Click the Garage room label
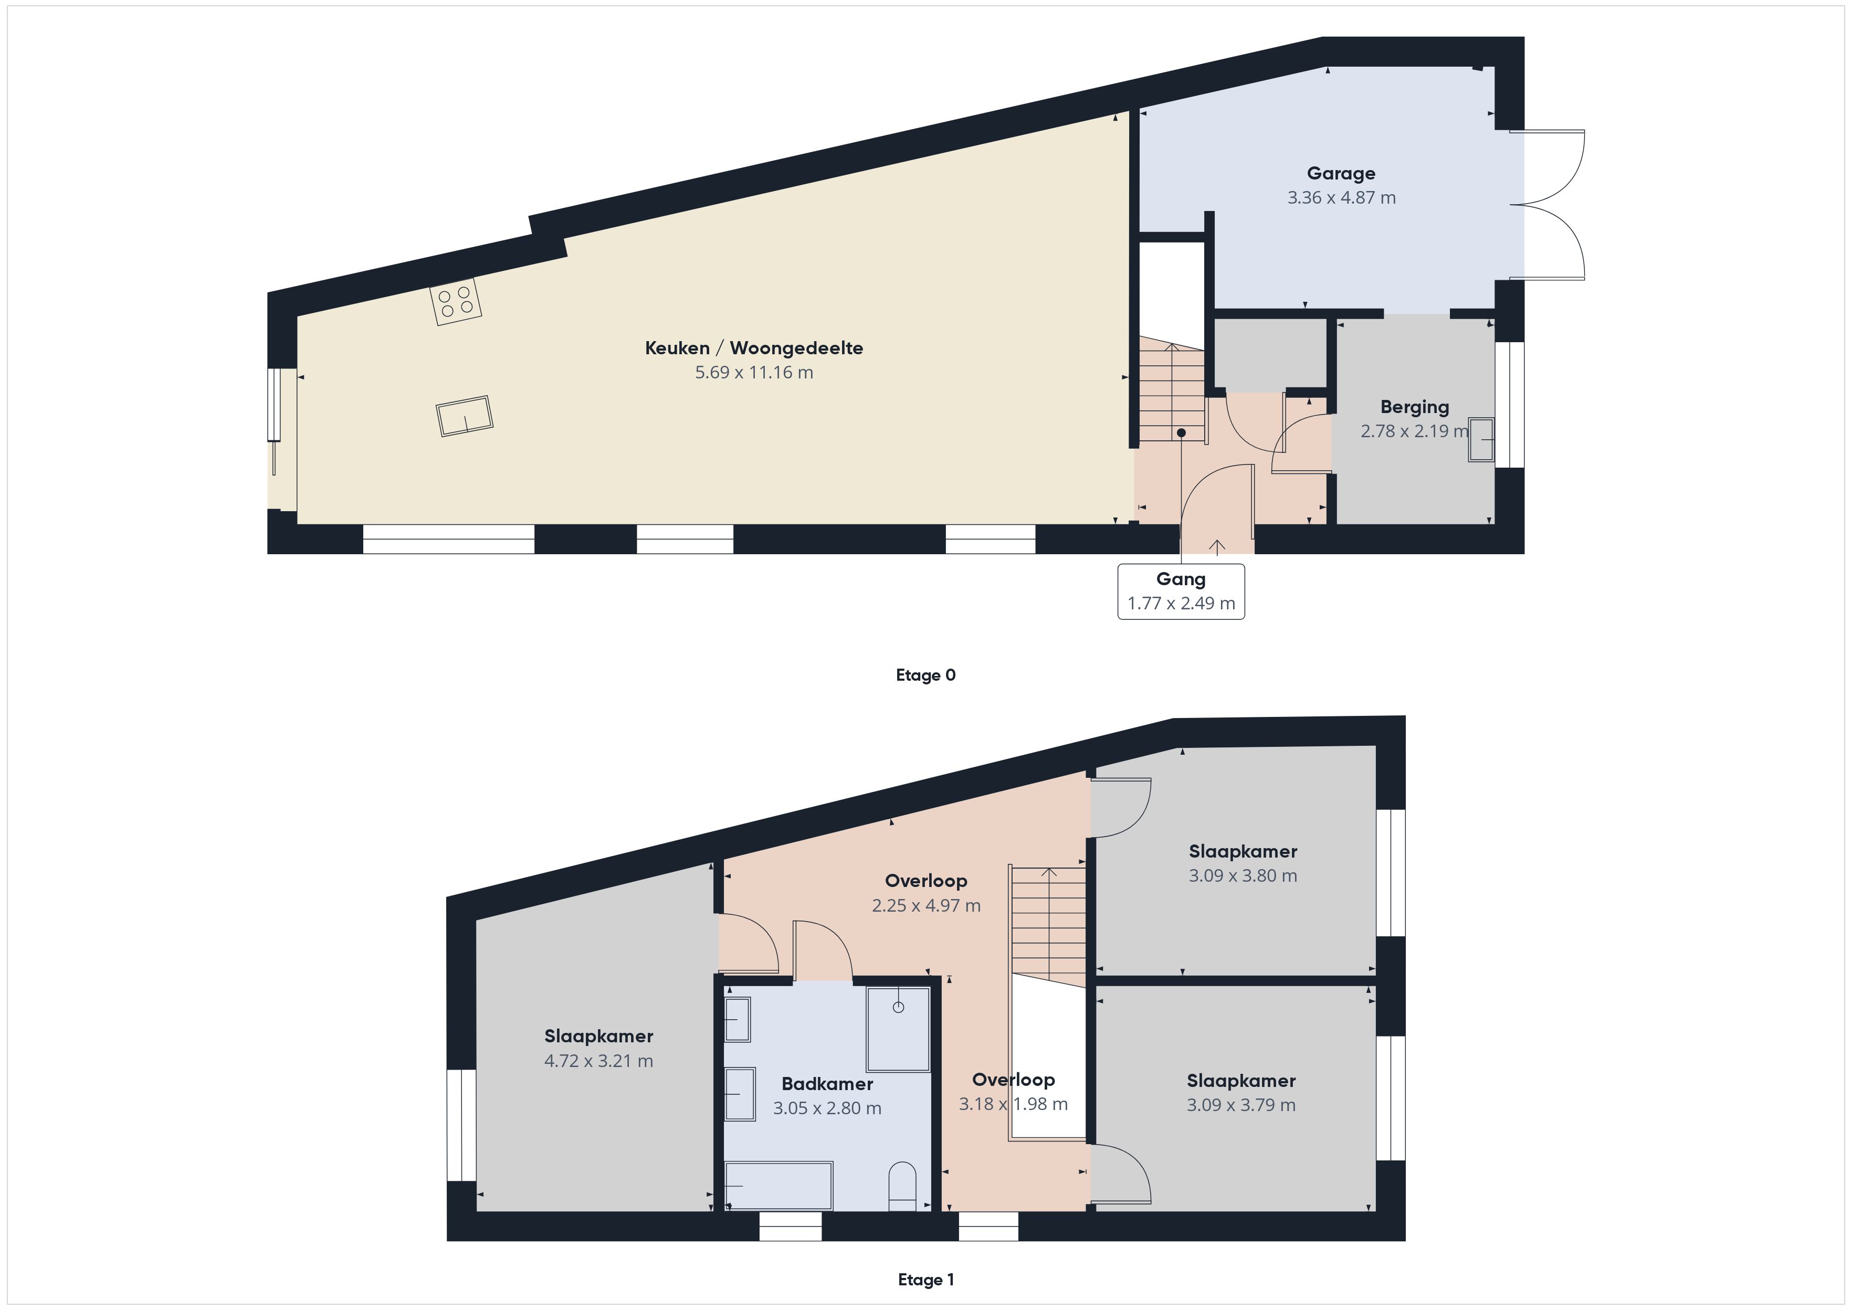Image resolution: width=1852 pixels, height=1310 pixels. coord(1341,173)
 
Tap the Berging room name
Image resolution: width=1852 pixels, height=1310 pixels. coord(1414,407)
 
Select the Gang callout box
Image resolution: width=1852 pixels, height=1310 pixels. coord(1181,591)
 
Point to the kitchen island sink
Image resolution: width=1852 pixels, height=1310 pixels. coord(465,416)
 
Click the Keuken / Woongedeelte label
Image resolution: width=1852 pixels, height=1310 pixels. coord(754,348)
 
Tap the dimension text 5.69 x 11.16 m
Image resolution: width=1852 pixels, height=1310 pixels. coord(754,373)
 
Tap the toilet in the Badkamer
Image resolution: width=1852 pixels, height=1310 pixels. coord(902,1186)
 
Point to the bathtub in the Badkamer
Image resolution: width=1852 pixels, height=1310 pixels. coord(778,1186)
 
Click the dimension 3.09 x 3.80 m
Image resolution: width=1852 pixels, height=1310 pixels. coord(1243,875)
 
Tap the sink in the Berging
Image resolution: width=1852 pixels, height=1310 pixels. coord(1481,440)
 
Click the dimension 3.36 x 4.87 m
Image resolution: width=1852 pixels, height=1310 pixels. coord(1341,198)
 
